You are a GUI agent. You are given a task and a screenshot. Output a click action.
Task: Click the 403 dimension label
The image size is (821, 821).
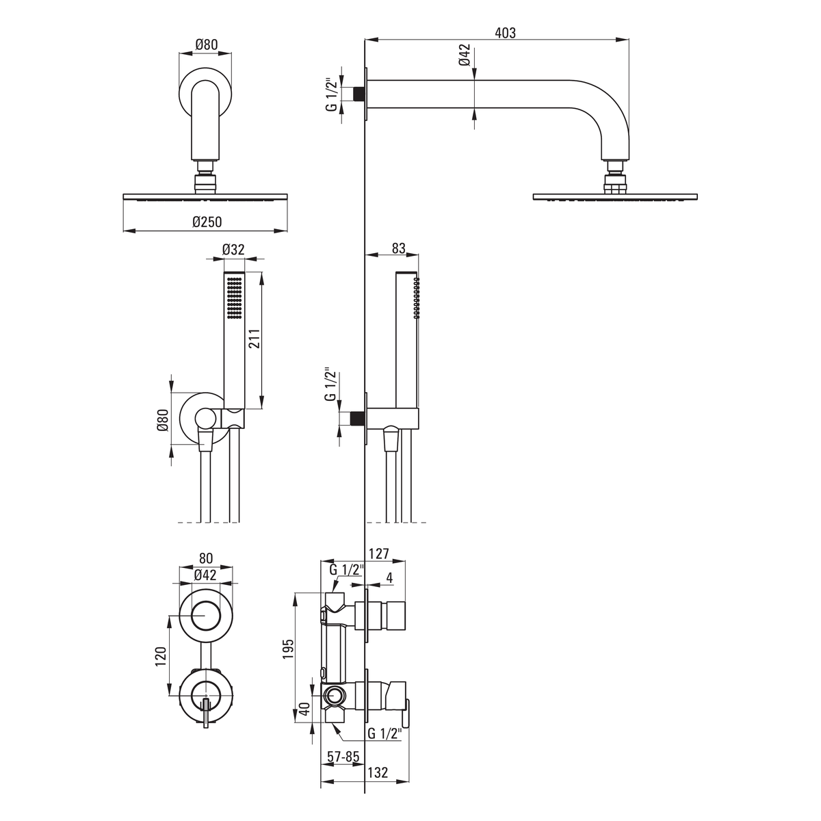coord(505,33)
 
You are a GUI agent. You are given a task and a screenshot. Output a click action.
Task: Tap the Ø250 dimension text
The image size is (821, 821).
coord(207,222)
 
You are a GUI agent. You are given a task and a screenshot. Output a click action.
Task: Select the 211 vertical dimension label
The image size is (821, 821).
coord(255,339)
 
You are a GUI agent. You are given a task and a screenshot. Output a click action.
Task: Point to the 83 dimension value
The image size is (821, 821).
coord(398,248)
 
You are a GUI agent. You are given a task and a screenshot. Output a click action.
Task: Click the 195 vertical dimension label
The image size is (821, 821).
coord(289,649)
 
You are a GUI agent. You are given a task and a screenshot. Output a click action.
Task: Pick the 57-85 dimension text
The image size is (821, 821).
coord(343,757)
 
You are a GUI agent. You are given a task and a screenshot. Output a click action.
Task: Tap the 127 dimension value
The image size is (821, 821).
coord(379,553)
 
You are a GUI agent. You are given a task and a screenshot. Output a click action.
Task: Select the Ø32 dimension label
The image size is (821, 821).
coord(233,249)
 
